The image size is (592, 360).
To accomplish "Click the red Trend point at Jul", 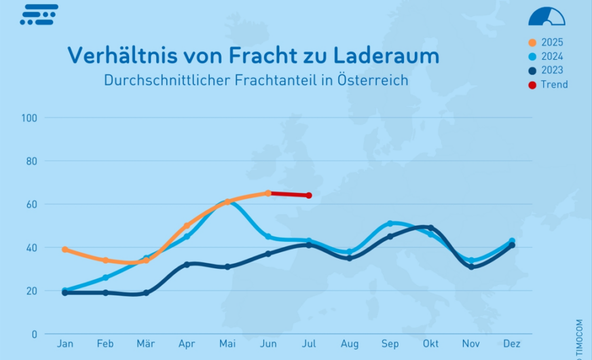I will [x=309, y=196].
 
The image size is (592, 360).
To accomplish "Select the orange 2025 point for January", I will [x=64, y=249].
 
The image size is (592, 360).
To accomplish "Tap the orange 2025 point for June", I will [x=268, y=193].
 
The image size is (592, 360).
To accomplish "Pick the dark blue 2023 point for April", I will [x=187, y=264].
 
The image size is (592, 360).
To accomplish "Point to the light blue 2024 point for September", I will [x=390, y=223].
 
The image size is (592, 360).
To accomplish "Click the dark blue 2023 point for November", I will [x=471, y=267].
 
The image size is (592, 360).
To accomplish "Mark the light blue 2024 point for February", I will [x=105, y=278].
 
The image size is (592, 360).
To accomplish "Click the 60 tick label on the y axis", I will [x=31, y=204].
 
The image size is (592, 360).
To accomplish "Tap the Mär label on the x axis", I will [x=146, y=344].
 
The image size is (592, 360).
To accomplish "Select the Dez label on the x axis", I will [x=512, y=344].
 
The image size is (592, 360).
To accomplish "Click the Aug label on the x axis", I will [x=350, y=344].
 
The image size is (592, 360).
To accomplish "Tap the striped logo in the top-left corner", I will [x=39, y=15].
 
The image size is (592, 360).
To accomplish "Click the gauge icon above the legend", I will [x=547, y=16].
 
